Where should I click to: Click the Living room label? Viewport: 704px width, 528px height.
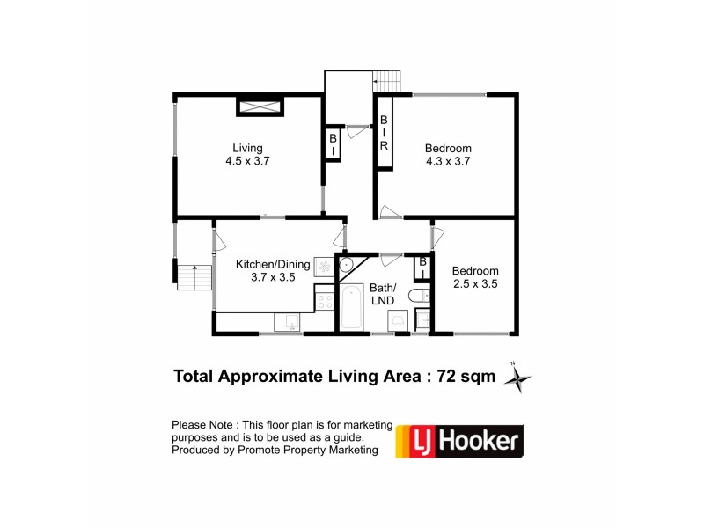coord(247,148)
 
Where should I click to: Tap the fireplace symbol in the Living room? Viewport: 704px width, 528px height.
coord(260,107)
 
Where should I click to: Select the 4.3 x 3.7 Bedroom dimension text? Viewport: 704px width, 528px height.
coord(448,161)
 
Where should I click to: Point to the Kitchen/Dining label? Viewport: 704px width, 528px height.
coord(273,263)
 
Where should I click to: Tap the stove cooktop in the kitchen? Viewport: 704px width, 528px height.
coord(325,301)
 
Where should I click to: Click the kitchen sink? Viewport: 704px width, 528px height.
coord(288,321)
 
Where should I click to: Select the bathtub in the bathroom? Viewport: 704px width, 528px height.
coord(350,306)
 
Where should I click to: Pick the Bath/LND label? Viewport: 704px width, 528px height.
coord(383,294)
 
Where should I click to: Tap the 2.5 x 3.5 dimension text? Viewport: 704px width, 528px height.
coord(475,284)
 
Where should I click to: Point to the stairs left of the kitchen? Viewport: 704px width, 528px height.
coord(194,276)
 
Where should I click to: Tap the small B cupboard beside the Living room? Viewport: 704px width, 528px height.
coord(333,144)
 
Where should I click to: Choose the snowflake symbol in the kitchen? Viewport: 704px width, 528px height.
coord(324,266)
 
